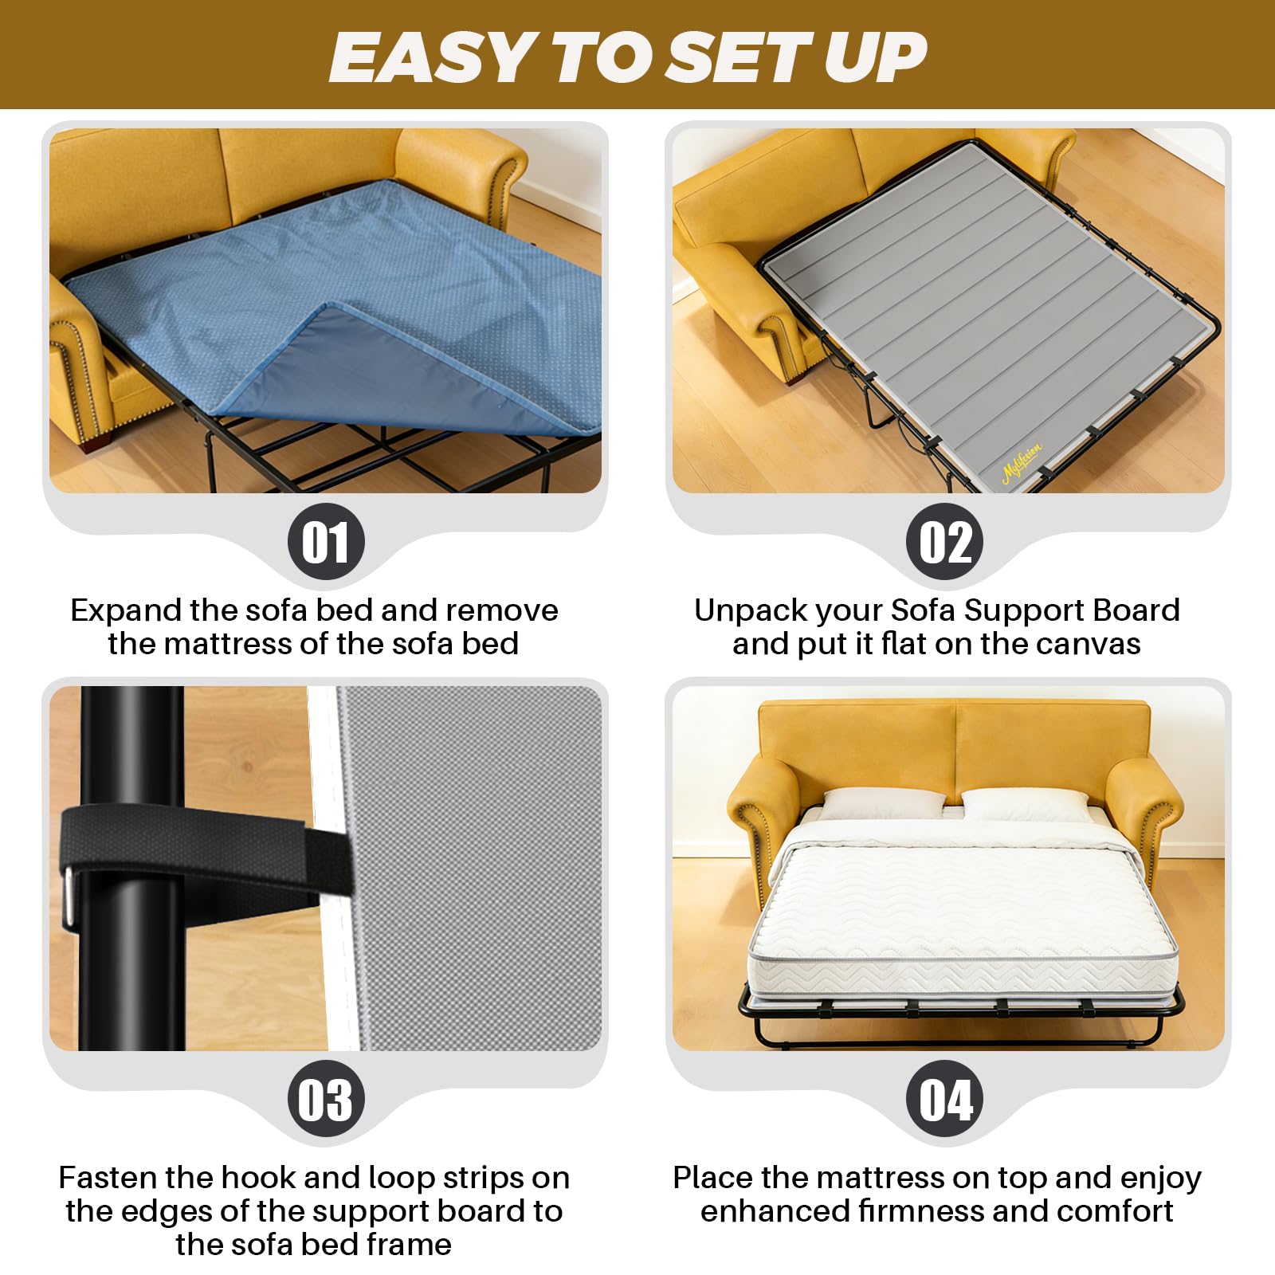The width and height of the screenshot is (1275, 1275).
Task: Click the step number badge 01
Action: click(x=326, y=542)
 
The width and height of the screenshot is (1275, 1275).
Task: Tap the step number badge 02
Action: click(x=945, y=542)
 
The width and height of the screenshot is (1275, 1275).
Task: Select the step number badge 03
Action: click(x=326, y=1099)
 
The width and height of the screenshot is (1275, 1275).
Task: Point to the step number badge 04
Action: click(x=945, y=1099)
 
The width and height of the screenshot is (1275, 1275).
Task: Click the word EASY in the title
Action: click(x=431, y=57)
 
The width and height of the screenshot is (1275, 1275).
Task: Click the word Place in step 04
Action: click(x=712, y=1178)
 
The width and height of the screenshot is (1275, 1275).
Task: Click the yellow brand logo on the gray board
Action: click(x=1022, y=463)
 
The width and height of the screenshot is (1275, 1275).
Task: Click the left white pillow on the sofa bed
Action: click(x=881, y=804)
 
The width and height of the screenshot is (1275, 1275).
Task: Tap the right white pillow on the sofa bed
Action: click(x=1026, y=806)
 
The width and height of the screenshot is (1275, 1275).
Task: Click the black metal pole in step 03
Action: click(x=131, y=868)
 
